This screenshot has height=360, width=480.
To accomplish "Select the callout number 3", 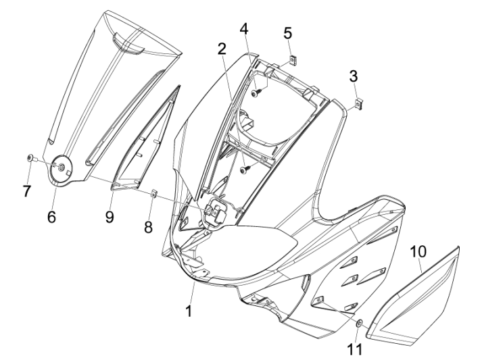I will pyautogui.click(x=354, y=76).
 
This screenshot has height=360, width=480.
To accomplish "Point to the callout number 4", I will pyautogui.click(x=244, y=29).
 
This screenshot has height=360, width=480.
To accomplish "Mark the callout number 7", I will pyautogui.click(x=26, y=192).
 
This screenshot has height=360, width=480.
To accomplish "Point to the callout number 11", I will pyautogui.click(x=355, y=349).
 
